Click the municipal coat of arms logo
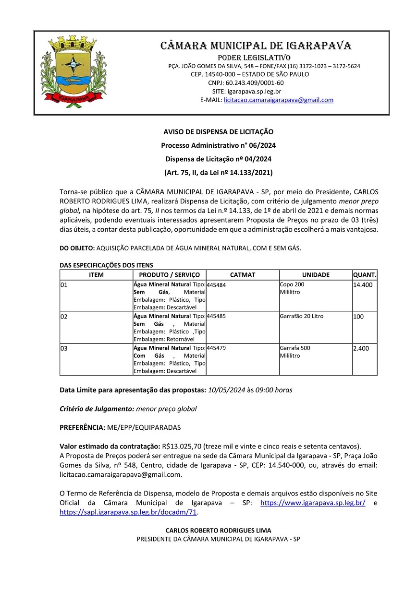click(x=74, y=72)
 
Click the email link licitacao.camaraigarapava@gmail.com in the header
click(x=279, y=100)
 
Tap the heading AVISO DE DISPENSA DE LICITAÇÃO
click(x=218, y=132)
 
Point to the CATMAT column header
click(x=243, y=275)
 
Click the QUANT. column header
click(x=365, y=275)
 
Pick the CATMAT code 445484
click(x=216, y=285)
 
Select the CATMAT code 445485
click(x=216, y=317)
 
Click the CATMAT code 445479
click(x=216, y=348)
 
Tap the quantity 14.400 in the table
click(x=363, y=285)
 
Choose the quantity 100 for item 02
click(x=358, y=317)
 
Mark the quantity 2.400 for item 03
click(x=361, y=348)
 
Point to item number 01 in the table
click(x=64, y=285)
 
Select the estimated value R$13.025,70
click(x=182, y=446)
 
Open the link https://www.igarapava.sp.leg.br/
click(x=313, y=503)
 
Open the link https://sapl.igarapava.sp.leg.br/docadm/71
click(x=128, y=512)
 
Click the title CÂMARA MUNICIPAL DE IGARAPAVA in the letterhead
click(x=256, y=46)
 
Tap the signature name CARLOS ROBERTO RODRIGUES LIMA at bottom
click(x=218, y=530)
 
